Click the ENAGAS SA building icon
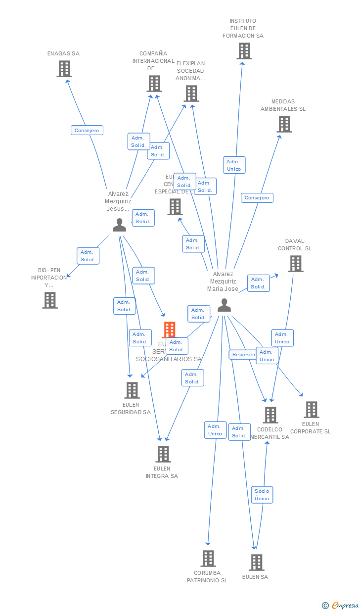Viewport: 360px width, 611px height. tap(64, 69)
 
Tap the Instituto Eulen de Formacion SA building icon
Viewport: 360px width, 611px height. tap(244, 51)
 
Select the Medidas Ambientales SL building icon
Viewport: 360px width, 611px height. tap(284, 124)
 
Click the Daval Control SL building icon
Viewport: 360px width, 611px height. tap(296, 264)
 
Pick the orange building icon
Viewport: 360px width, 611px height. tap(170, 329)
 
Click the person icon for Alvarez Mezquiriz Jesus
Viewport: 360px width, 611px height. tap(119, 225)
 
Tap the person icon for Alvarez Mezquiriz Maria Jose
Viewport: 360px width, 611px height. tap(224, 305)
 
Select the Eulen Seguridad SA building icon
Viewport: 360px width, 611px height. tap(132, 390)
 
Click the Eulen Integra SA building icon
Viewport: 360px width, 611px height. tap(163, 454)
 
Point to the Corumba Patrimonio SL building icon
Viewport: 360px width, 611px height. tap(208, 559)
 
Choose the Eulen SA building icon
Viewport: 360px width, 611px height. tap(257, 563)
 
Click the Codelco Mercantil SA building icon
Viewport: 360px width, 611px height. tap(270, 415)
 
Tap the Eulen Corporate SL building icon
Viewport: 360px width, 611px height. tap(312, 410)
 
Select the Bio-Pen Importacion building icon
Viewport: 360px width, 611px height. tap(50, 300)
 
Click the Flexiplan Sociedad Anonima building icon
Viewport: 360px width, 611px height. tap(191, 93)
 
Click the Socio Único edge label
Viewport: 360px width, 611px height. tap(262, 494)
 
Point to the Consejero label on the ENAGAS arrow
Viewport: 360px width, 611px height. tap(87, 130)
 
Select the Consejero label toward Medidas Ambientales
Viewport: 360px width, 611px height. tap(257, 197)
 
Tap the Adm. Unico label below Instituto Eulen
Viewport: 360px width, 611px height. tap(234, 165)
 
